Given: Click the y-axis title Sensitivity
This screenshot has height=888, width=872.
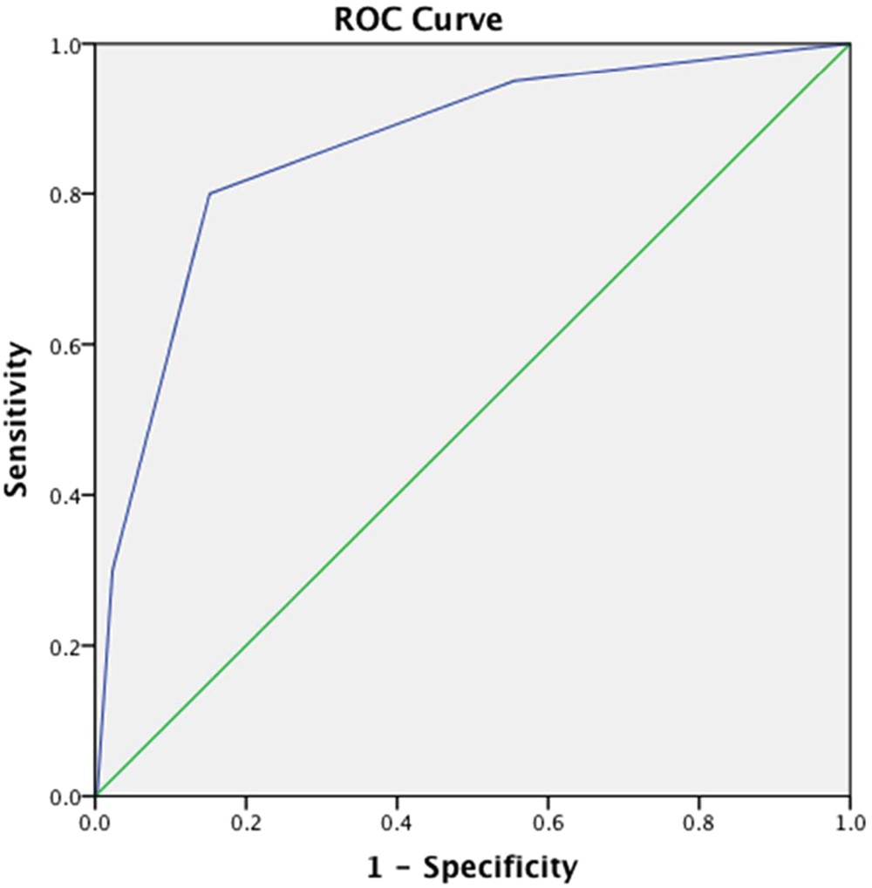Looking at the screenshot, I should [x=17, y=419].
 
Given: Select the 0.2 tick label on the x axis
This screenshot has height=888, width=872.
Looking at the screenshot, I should [x=246, y=821].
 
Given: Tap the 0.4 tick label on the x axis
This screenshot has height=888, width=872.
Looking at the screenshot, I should [x=397, y=821].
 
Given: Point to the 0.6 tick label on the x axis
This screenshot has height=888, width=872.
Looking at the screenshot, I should [x=548, y=821].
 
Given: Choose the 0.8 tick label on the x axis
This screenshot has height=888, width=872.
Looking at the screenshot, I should [x=698, y=821].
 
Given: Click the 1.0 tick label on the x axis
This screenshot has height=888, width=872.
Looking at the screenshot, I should [x=849, y=821].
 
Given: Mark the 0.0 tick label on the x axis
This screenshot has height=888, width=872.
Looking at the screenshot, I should [x=95, y=821].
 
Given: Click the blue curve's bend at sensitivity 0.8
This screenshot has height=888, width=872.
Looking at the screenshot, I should [x=209, y=193].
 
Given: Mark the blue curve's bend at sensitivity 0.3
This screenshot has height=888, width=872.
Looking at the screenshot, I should [x=112, y=570].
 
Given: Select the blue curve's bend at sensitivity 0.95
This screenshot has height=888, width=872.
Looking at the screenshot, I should [x=514, y=80].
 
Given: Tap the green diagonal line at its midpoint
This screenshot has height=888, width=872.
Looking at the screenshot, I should [x=473, y=419].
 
